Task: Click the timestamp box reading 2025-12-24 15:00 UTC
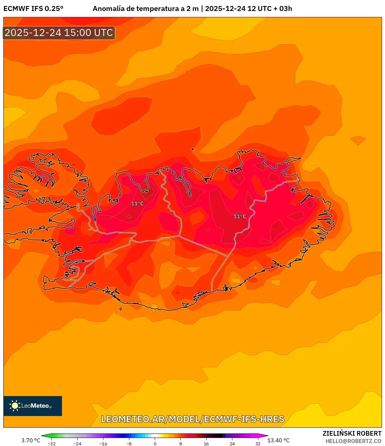point(59,33)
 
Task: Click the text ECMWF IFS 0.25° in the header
point(33,9)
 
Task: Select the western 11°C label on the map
point(137,204)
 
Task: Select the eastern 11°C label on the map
point(240,217)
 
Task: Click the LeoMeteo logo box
point(33,406)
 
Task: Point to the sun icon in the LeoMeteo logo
point(15,405)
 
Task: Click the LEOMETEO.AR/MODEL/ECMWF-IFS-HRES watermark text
point(193,419)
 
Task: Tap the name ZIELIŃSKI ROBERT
point(352,433)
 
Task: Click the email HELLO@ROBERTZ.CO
point(353,441)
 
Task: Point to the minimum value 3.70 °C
point(31,440)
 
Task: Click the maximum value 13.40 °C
point(278,440)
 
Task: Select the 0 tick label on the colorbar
point(155,444)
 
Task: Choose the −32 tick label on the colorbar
point(52,444)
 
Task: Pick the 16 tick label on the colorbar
point(206,444)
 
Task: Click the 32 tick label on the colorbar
point(258,444)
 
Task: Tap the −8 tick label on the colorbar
point(129,444)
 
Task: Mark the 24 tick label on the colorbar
point(232,444)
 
